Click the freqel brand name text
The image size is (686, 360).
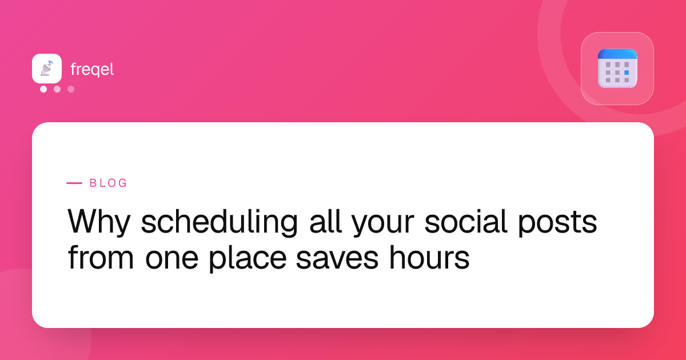click(x=92, y=70)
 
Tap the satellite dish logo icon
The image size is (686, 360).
click(x=47, y=68)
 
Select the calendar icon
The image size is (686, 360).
click(x=617, y=69)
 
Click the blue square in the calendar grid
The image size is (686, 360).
click(x=627, y=73)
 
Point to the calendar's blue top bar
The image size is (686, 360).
click(x=617, y=54)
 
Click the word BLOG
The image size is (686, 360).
click(x=108, y=183)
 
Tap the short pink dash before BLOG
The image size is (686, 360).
click(x=74, y=183)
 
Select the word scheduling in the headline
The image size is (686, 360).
click(x=220, y=222)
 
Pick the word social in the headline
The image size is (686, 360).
click(x=466, y=221)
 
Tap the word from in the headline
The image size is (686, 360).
click(x=101, y=257)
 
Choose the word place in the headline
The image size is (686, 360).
click(x=248, y=259)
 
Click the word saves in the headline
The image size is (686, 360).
click(x=337, y=258)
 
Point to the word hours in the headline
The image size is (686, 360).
click(x=429, y=257)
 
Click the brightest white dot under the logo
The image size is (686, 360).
click(x=43, y=89)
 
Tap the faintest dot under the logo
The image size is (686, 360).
click(x=71, y=89)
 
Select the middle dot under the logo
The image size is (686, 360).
click(x=57, y=89)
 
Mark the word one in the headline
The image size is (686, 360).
click(x=172, y=258)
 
